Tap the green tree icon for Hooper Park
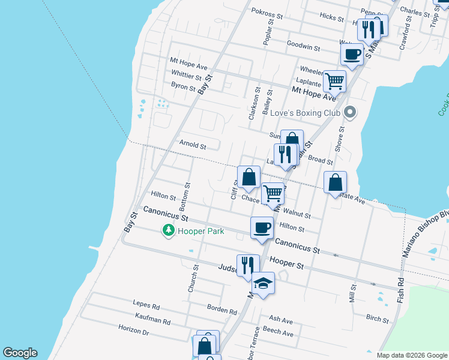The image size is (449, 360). [169, 230]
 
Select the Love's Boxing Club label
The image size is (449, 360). [306, 112]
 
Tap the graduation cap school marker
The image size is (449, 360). [262, 283]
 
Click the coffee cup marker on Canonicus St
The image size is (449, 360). [262, 227]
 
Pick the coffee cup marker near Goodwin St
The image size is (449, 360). [352, 54]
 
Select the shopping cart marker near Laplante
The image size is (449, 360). [334, 80]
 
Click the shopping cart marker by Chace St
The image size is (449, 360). [273, 193]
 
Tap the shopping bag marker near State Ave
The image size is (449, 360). [335, 182]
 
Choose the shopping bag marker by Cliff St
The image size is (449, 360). [249, 177]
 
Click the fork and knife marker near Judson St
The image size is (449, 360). [247, 265]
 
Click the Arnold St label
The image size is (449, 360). [193, 145]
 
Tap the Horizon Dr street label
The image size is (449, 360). [133, 331]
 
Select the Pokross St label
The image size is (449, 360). [267, 14]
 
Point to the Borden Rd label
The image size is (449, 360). [222, 310]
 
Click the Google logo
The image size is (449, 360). [20, 353]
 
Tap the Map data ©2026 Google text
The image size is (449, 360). [411, 355]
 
